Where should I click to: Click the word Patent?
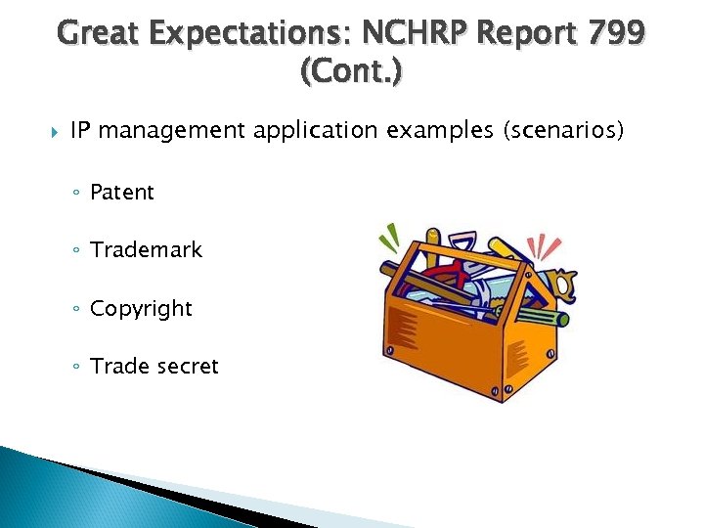coord(121,193)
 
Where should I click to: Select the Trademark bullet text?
coord(146,250)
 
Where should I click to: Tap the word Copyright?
coord(141,309)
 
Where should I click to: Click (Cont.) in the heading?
coord(351,72)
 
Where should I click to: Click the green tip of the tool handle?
coord(562,319)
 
